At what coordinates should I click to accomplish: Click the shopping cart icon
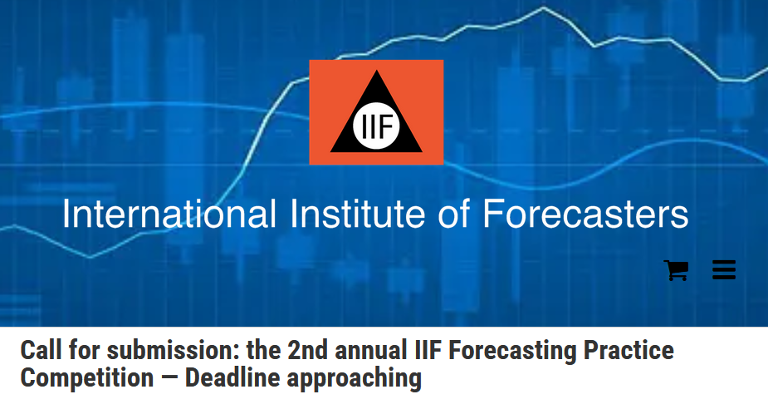(676, 270)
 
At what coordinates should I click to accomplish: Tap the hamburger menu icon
(724, 270)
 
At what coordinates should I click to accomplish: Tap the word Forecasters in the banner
(585, 214)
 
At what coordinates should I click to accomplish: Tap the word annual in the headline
(374, 351)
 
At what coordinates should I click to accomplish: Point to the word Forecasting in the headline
(518, 351)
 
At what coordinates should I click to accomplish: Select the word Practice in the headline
(630, 351)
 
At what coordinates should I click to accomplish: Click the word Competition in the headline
(86, 378)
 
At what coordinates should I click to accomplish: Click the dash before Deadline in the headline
(169, 379)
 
